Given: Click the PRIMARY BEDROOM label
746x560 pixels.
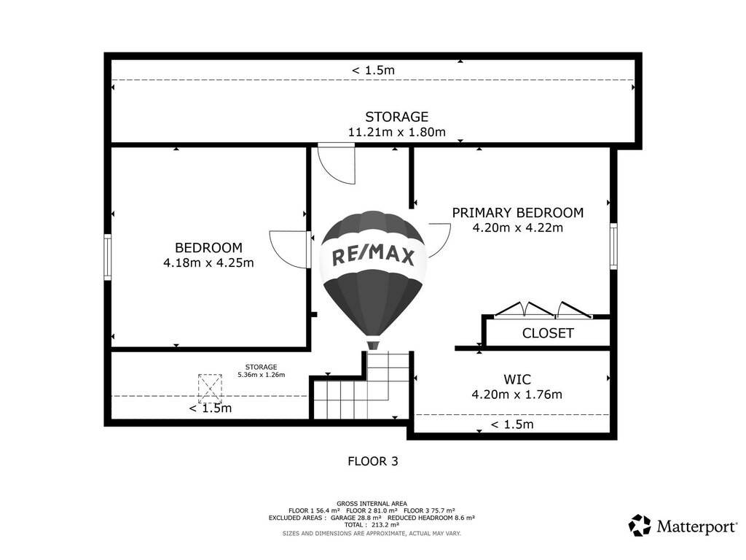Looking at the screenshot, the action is coord(518,212).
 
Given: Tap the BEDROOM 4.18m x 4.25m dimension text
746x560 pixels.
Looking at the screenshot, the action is coord(208,262).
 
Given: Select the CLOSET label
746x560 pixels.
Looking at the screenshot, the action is coord(548,332).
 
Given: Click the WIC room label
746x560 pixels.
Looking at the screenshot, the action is coord(517,379).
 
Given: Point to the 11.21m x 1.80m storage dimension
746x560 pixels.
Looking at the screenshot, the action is coord(397,132).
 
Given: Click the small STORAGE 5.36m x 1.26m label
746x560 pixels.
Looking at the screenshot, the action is coord(262,370).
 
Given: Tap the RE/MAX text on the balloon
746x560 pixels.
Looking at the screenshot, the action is coord(373,256).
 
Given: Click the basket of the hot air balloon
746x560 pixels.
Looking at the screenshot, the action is coord(374,345).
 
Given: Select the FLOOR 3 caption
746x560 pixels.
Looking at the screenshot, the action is coord(373,461).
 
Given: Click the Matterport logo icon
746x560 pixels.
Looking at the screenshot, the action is coord(640,526).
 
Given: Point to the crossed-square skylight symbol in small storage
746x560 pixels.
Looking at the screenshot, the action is coord(210,389).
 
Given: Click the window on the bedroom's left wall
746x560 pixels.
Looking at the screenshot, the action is coord(108,257).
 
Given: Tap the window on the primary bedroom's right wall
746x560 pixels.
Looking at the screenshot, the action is coord(613,246).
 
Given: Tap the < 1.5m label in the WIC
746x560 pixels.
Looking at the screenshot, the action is coord(512,424).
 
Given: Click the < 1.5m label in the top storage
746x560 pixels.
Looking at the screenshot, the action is coord(373,70).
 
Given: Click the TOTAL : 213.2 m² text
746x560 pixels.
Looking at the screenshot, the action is coord(372,525).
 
